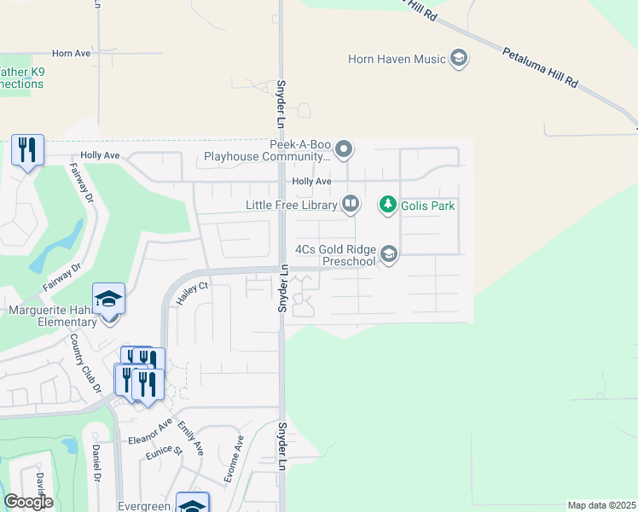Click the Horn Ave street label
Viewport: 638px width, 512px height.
[71, 53]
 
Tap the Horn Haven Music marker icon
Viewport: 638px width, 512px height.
[459, 59]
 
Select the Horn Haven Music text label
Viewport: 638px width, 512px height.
[397, 59]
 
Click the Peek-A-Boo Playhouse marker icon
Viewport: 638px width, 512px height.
[344, 150]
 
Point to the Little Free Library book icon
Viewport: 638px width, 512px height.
[351, 204]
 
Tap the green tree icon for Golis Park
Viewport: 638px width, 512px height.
[388, 205]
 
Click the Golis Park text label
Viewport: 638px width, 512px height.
[429, 206]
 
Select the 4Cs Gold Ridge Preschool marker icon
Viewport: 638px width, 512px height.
[389, 254]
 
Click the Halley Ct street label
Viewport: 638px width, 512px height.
[191, 294]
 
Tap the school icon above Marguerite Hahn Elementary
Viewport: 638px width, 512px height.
[109, 300]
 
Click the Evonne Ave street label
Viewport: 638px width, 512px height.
[233, 459]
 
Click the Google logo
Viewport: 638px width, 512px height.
[28, 502]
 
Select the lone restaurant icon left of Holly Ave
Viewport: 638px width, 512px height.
[27, 151]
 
